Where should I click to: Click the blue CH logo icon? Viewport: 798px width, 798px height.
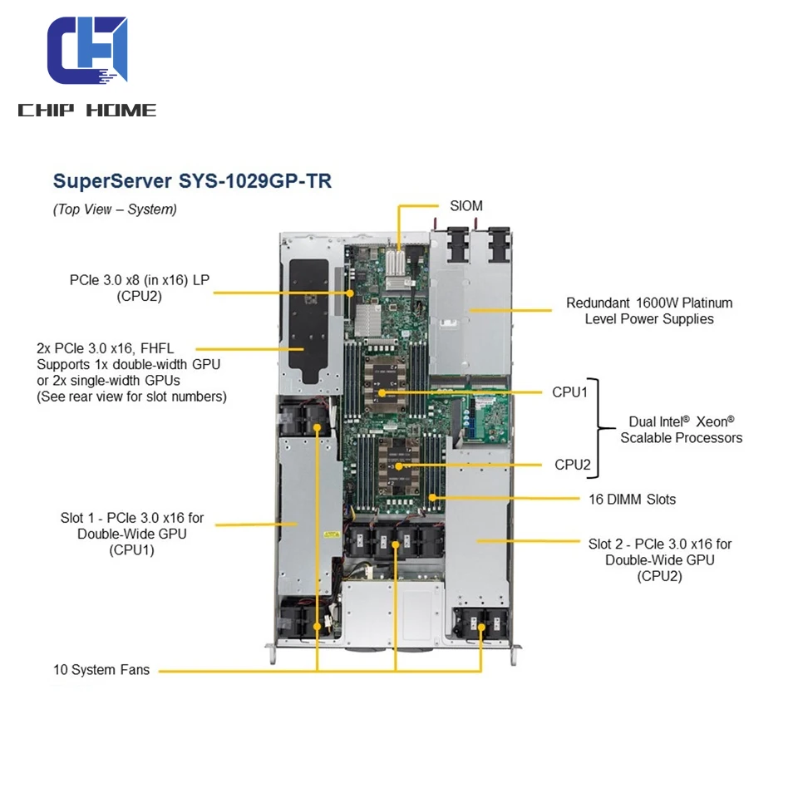87,52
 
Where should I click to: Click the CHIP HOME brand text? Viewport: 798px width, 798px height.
87,111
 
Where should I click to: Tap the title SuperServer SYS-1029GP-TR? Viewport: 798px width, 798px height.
192,181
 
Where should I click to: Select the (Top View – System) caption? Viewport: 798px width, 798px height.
115,209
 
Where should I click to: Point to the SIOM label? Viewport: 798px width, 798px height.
465,205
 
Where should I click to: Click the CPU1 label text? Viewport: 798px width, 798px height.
569,392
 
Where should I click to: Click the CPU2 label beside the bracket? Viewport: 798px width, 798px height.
572,465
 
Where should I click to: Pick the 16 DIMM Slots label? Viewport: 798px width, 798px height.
627,500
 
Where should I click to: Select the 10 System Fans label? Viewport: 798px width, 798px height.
101,670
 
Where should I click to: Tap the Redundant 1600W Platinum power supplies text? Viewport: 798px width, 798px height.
649,311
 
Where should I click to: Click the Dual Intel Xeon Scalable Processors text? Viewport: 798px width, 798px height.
681,429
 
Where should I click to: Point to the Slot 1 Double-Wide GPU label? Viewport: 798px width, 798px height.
132,534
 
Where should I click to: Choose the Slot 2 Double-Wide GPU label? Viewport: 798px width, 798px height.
660,559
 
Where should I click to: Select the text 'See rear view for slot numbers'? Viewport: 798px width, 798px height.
131,397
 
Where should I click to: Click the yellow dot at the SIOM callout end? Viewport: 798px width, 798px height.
399,248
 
